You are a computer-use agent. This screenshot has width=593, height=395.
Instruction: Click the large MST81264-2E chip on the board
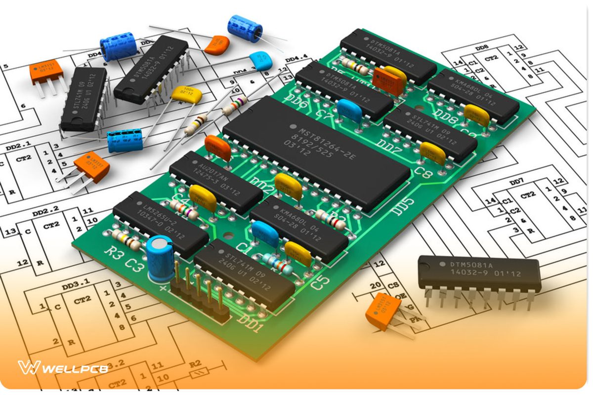pos(316,153)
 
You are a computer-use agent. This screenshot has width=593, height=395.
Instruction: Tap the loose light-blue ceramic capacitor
pos(260,61)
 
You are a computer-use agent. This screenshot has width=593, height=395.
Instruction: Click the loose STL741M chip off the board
pos(84,99)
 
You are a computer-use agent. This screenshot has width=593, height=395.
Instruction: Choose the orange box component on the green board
pos(388,81)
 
